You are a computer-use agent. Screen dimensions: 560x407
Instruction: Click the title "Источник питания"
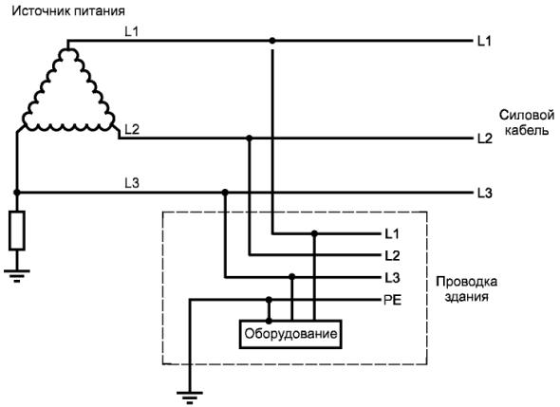[x=68, y=11]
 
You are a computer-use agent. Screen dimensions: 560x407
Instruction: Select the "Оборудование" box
[x=290, y=334]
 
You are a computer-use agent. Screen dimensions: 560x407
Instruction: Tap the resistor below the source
[x=17, y=231]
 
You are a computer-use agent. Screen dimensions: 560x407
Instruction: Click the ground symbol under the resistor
[x=17, y=276]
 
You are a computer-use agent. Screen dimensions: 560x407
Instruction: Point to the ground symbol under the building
[x=190, y=398]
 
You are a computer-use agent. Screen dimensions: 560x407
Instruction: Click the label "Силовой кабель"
[x=527, y=122]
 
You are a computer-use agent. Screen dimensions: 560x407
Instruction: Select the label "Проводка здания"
[x=466, y=288]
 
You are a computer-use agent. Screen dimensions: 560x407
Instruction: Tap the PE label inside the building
[x=393, y=300]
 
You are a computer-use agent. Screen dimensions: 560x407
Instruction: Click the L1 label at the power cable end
[x=485, y=42]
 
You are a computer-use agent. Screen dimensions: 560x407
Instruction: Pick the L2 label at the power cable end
[x=485, y=139]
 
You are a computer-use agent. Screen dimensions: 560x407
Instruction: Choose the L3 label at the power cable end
[x=485, y=194]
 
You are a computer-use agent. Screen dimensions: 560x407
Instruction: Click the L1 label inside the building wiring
[x=392, y=234]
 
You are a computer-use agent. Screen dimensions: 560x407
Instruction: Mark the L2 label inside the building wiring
[x=392, y=256]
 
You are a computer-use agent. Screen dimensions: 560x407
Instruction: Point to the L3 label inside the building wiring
[x=392, y=278]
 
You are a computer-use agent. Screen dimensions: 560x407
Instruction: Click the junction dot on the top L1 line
[x=272, y=41]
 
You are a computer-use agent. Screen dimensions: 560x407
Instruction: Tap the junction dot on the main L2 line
[x=250, y=138]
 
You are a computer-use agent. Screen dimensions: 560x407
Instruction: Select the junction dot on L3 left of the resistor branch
[x=17, y=193]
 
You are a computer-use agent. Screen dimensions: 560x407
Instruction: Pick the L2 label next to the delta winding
[x=132, y=129]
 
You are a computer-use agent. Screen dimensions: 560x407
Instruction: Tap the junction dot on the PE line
[x=269, y=299]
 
